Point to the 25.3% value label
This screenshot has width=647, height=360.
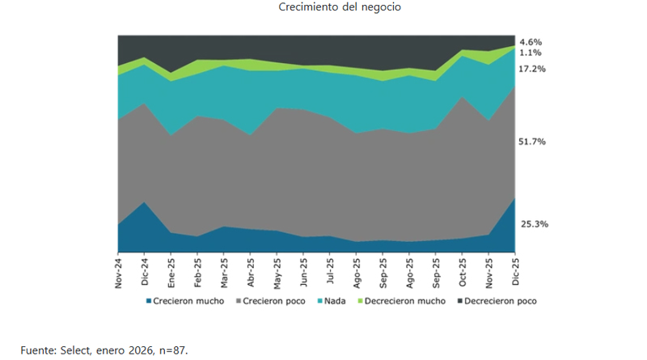click(534, 224)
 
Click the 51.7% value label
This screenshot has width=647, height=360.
click(534, 142)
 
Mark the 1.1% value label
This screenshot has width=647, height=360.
click(531, 53)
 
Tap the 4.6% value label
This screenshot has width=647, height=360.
click(531, 41)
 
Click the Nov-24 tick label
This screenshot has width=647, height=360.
click(118, 271)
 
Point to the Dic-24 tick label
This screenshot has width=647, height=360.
click(145, 271)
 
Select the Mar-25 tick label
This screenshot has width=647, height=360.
click(225, 271)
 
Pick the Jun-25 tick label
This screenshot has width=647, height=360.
click(304, 271)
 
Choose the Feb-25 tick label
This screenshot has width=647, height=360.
click(198, 271)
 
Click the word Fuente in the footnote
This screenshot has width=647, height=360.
click(37, 349)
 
